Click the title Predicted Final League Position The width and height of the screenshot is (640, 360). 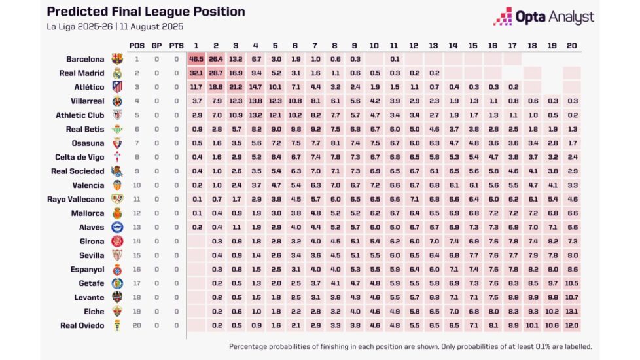(x=146, y=12)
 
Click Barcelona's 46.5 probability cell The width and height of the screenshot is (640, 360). (x=196, y=59)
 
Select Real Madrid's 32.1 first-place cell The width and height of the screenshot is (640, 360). (x=196, y=73)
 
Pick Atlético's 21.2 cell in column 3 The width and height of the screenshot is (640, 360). (x=236, y=87)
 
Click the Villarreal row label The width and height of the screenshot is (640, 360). (x=87, y=101)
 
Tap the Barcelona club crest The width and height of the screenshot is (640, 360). (x=117, y=59)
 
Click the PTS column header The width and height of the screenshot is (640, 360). (x=176, y=45)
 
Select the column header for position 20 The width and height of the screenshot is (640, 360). (x=571, y=45)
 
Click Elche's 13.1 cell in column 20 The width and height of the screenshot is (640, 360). (x=571, y=311)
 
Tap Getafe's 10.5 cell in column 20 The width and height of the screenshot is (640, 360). (x=571, y=283)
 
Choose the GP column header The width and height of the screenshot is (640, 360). (x=156, y=45)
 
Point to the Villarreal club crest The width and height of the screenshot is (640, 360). (x=117, y=101)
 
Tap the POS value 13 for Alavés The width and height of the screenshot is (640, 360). (x=137, y=227)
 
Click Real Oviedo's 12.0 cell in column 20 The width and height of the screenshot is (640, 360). (x=571, y=325)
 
